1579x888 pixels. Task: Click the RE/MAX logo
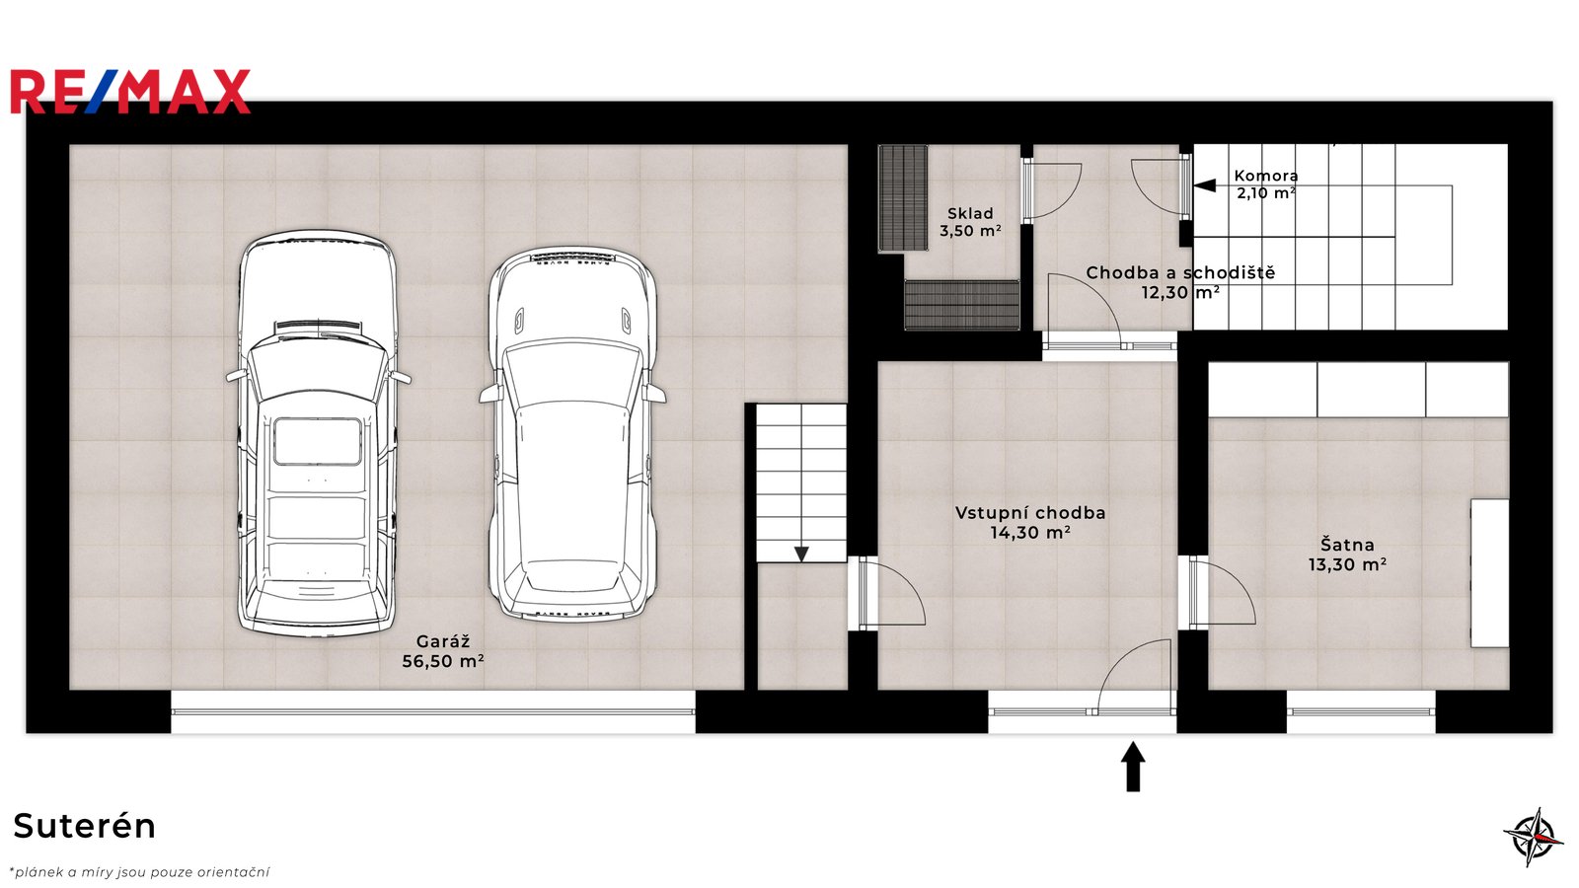[130, 92]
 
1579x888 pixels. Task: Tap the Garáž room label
[443, 641]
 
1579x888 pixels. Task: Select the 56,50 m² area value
[443, 661]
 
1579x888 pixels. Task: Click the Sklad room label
[970, 213]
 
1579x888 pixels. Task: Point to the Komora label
[1266, 176]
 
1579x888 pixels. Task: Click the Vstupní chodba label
[1030, 513]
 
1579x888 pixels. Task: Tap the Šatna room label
[1347, 545]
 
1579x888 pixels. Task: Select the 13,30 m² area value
[1347, 564]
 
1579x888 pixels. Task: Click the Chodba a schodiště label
[1180, 272]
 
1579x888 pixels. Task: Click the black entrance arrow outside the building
[1133, 766]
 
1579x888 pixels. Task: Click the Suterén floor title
[85, 826]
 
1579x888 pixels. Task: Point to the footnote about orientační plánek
[139, 872]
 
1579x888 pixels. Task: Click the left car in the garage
[319, 433]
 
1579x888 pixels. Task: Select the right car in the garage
[572, 433]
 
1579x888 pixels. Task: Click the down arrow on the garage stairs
[801, 554]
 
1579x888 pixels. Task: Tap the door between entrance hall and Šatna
[1221, 592]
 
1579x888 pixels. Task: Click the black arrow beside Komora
[1205, 185]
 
